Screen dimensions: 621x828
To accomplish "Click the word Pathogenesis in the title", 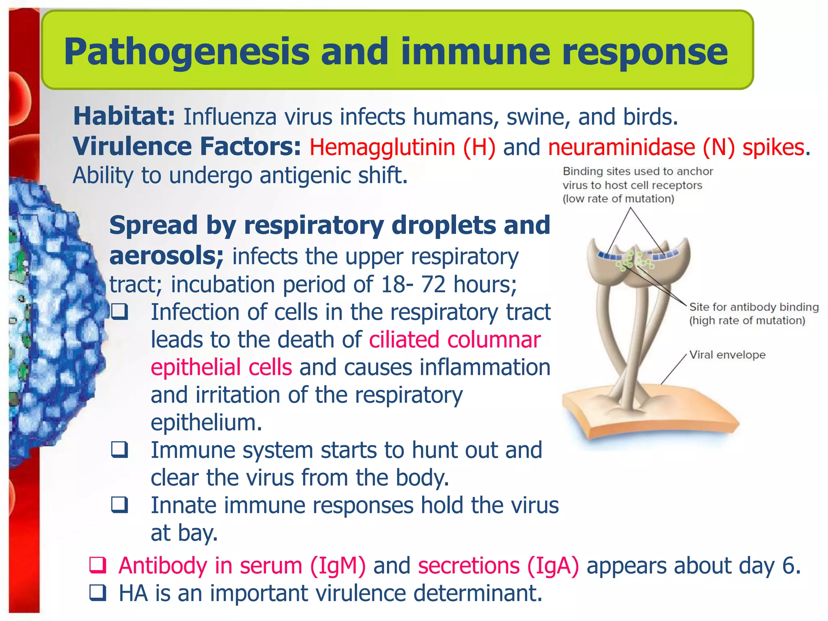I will pos(186,52).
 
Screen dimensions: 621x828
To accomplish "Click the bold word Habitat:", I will pos(124,116).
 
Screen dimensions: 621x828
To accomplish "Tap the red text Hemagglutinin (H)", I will pos(402,147).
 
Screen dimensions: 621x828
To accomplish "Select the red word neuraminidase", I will pos(621,147).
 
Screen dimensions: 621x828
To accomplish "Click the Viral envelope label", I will pos(727,355).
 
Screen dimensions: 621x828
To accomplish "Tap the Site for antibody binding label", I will pos(754,307).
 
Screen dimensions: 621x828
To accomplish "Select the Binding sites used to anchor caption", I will pos(638,171).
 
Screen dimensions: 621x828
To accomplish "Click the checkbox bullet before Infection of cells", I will pos(120,312).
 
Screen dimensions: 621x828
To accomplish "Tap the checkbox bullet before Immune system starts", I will pos(120,450).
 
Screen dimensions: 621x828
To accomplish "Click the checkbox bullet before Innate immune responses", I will pos(120,505).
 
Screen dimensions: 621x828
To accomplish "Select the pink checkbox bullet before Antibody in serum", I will pos(97,565).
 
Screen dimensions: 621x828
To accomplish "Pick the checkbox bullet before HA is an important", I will pos(97,593).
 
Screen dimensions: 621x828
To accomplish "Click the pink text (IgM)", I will pos(338,565).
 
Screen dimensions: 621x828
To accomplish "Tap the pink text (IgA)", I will pos(553,565).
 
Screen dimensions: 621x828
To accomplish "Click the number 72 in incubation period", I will pos(433,284).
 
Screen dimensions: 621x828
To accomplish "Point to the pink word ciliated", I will pos(404,340).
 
